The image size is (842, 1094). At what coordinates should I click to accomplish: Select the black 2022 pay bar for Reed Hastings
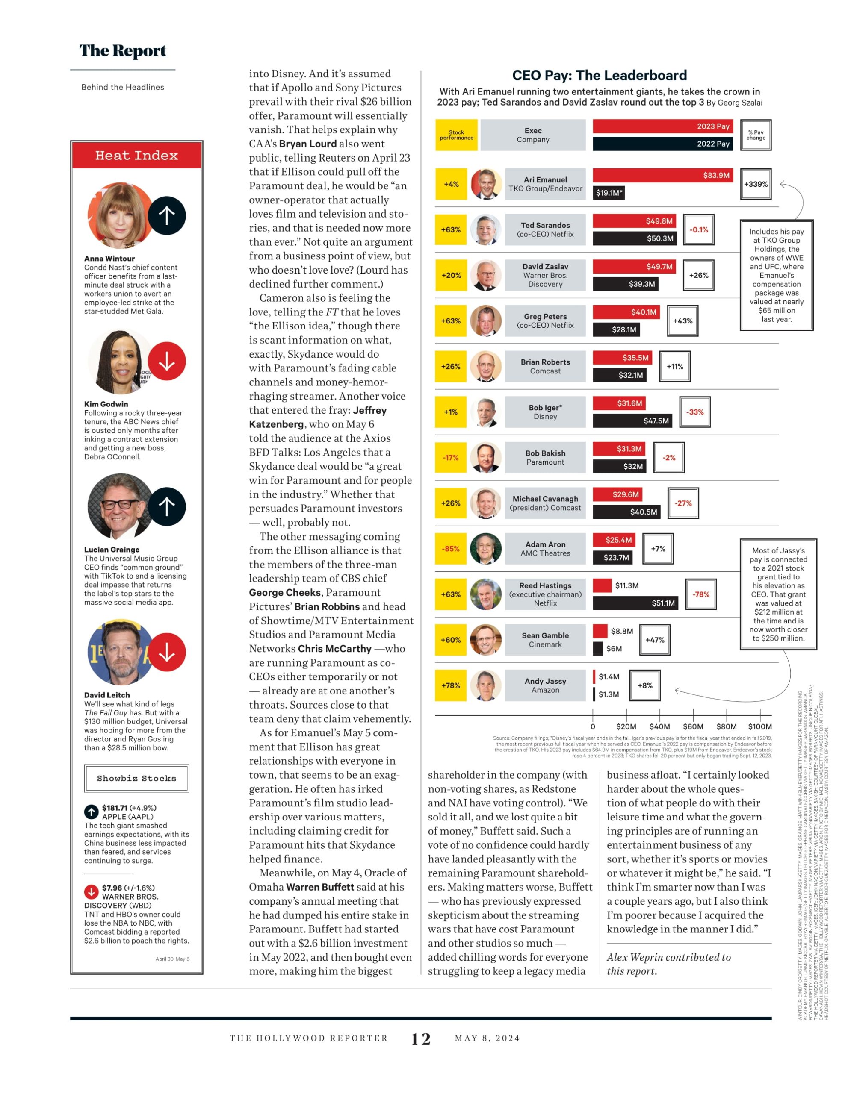tap(635, 603)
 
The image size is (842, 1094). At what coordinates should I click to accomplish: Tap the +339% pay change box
tap(756, 184)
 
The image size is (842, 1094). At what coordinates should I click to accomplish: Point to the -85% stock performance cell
tap(451, 549)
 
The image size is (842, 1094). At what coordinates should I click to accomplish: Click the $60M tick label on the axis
tap(693, 726)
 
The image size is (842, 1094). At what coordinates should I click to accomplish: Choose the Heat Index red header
tap(137, 155)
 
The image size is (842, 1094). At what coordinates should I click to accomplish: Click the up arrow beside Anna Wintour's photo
tap(167, 215)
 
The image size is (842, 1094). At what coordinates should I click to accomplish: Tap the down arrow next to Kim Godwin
tap(167, 361)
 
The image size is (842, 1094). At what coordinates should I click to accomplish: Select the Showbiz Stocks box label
tap(136, 778)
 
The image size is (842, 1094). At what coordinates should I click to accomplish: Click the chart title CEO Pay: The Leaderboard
tap(600, 75)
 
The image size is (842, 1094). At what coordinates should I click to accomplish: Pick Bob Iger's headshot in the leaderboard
tap(486, 412)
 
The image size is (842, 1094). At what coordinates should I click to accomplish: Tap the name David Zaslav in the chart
tap(545, 267)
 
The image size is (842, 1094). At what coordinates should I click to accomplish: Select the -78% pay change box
tap(700, 594)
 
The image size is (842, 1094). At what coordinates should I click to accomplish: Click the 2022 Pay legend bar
tap(662, 144)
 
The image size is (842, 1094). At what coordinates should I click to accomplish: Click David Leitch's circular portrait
tap(120, 652)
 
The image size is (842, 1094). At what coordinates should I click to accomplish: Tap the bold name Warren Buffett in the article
tap(320, 887)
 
